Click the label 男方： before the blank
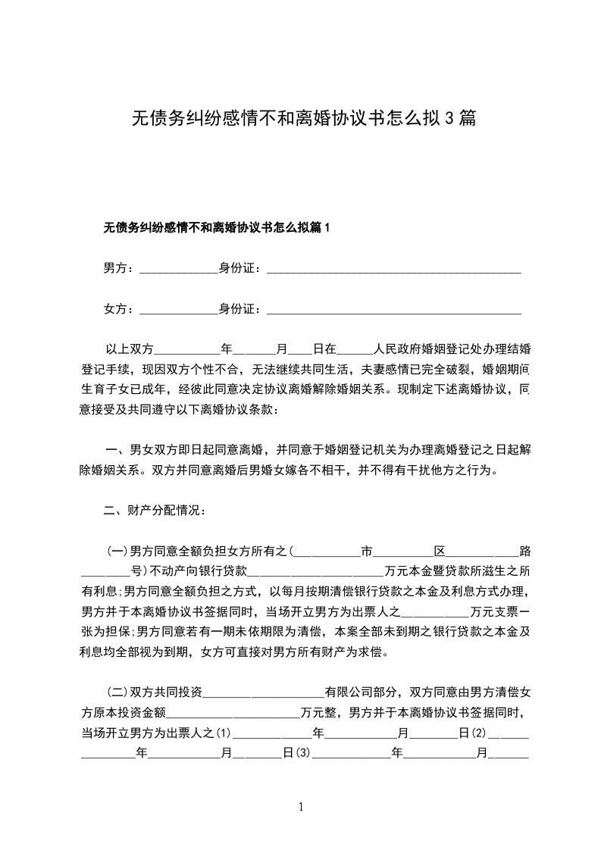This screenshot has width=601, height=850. [x=119, y=267]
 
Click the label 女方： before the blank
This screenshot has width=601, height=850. [x=119, y=308]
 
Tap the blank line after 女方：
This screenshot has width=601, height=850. [x=179, y=311]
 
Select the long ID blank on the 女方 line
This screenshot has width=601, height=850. [x=394, y=311]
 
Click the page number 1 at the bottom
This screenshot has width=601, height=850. [x=301, y=807]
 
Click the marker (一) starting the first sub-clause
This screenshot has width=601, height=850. [x=118, y=551]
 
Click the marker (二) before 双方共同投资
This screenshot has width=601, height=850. [x=118, y=692]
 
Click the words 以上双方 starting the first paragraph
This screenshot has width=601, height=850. [x=130, y=349]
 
